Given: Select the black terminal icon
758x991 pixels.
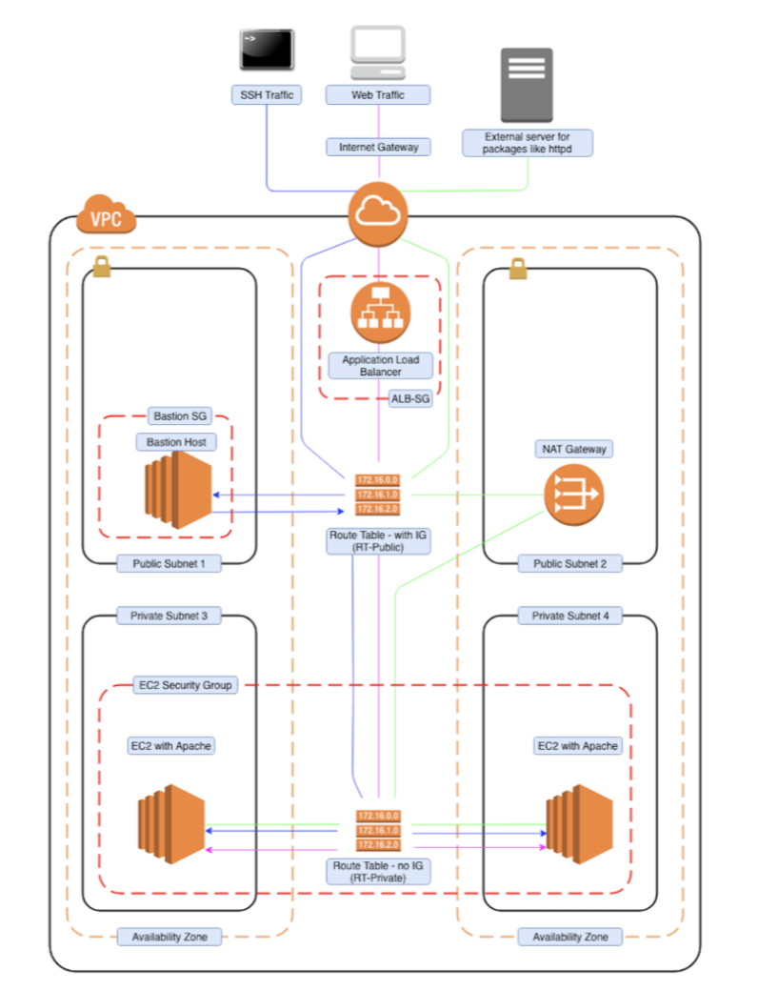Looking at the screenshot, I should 267,50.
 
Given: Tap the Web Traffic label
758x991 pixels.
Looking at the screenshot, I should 378,94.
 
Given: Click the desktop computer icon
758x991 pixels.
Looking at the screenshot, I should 378,52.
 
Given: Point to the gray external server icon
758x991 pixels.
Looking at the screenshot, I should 526,85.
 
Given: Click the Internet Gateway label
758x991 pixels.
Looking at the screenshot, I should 378,147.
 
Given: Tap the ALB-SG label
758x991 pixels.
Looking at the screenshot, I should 410,399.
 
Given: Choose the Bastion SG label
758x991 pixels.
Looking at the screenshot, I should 179,415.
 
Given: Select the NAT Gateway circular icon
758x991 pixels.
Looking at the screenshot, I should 573,495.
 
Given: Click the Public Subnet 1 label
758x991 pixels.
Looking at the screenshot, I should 170,563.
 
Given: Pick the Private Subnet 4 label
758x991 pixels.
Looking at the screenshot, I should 569,616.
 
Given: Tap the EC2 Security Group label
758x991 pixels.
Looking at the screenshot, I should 183,684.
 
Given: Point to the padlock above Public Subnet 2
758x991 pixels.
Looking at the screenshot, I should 518,271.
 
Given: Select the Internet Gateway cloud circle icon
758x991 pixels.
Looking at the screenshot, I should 378,213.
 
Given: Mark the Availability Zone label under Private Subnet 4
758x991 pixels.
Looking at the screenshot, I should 569,937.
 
